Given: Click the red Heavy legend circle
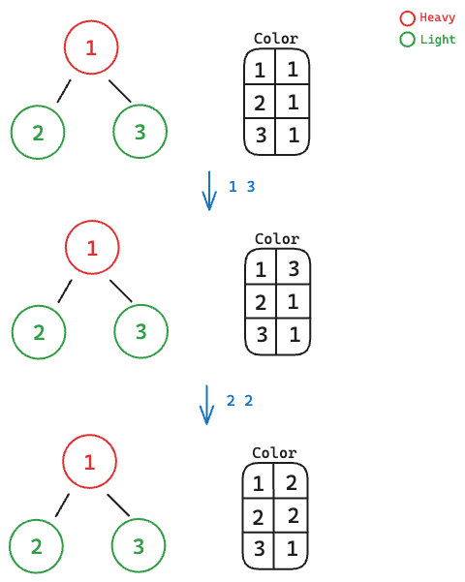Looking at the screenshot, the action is pyautogui.click(x=407, y=12).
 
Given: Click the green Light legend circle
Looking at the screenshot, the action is pyautogui.click(x=407, y=33).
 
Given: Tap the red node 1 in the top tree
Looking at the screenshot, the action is pyautogui.click(x=91, y=20).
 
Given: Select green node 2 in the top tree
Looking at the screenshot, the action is pyautogui.click(x=38, y=106).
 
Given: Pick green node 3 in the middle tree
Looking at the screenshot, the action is pyautogui.click(x=140, y=305).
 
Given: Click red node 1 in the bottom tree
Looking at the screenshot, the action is pyautogui.click(x=89, y=435).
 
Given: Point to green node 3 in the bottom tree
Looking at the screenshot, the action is pyautogui.click(x=139, y=519).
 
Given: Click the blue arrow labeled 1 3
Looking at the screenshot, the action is pyautogui.click(x=209, y=191).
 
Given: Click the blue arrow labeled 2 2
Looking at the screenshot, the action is pyautogui.click(x=207, y=405).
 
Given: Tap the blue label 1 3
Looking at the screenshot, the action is pyautogui.click(x=242, y=187).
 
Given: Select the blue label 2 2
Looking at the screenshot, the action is pyautogui.click(x=240, y=401).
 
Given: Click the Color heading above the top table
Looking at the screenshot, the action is pyautogui.click(x=276, y=39).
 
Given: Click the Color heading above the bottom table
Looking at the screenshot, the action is pyautogui.click(x=274, y=453).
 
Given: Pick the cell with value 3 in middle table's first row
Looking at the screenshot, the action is pyautogui.click(x=294, y=267).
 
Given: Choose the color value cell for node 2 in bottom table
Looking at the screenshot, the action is pyautogui.click(x=292, y=515).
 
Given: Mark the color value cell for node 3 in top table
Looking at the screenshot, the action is pyautogui.click(x=293, y=136).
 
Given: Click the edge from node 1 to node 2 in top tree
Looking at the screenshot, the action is pyautogui.click(x=64, y=91).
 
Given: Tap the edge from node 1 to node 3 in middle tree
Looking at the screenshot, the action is pyautogui.click(x=121, y=291).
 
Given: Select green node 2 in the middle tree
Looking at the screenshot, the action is pyautogui.click(x=39, y=306).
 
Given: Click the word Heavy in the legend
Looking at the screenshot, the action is pyautogui.click(x=438, y=17).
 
